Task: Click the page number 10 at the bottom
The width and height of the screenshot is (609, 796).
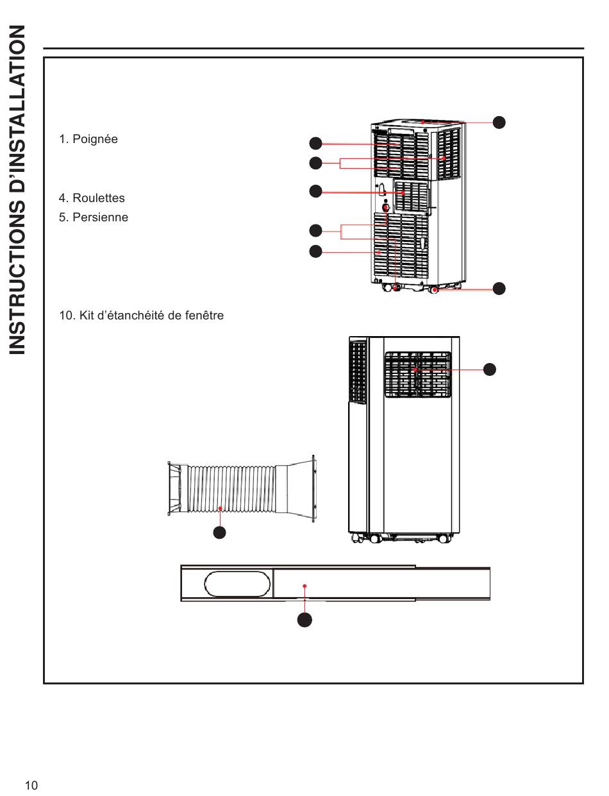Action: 32,786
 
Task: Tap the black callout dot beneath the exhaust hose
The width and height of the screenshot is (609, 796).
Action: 220,532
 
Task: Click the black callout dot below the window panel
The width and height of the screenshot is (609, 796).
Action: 305,620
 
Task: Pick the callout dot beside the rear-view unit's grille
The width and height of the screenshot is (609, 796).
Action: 490,369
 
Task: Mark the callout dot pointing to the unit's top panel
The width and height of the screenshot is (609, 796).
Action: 499,122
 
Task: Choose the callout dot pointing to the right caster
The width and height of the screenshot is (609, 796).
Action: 499,289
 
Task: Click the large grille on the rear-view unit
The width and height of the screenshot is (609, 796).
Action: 417,374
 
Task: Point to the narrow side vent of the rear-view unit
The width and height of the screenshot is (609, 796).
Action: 358,371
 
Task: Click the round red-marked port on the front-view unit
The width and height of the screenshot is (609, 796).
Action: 386,208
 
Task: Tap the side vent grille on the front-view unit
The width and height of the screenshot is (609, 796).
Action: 449,154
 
